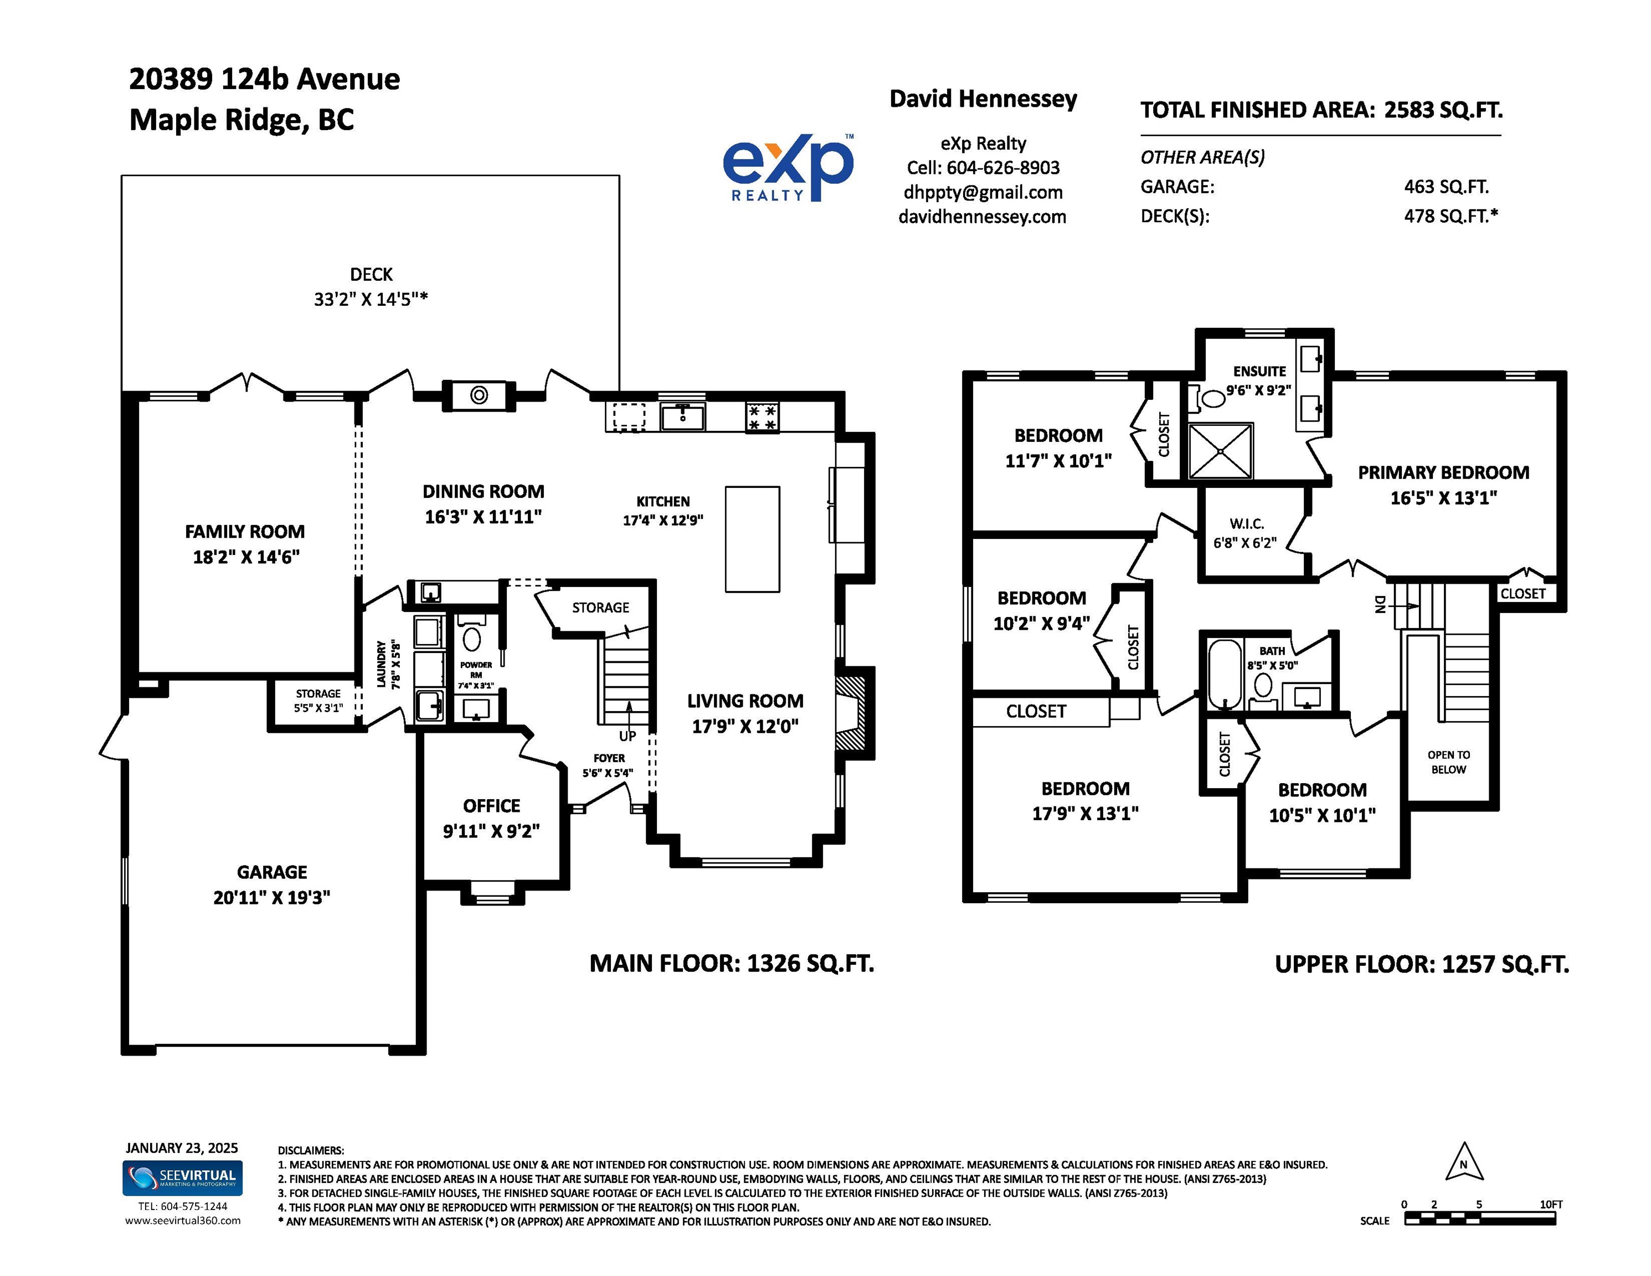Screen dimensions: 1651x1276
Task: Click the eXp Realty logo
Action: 789,167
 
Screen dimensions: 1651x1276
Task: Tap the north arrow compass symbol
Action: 1464,1162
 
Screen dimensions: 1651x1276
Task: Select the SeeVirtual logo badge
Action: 182,1178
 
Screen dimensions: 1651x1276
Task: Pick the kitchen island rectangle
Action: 752,539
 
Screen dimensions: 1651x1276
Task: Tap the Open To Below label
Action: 1448,762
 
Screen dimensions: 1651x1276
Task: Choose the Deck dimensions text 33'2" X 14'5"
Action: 371,300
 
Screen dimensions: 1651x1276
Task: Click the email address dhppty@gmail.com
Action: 983,192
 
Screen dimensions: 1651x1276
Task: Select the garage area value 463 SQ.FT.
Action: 1446,187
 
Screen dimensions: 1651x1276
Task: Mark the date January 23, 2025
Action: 182,1148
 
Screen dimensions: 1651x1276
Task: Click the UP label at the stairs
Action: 628,735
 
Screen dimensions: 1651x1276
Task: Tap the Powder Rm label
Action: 476,670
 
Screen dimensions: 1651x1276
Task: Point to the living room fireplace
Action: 854,713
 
